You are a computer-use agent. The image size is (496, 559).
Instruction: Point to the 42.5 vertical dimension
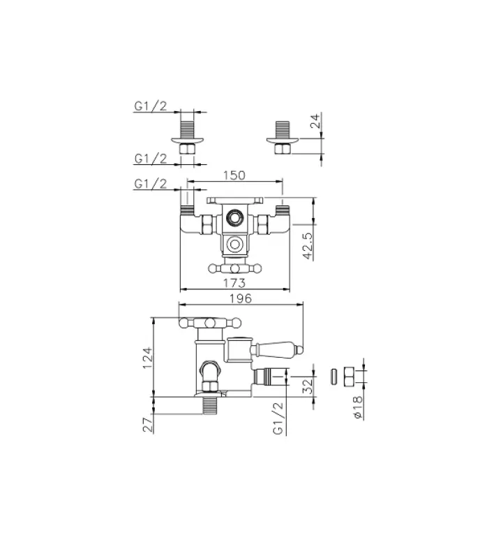click(x=308, y=247)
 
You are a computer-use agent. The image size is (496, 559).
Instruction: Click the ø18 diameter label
click(x=357, y=407)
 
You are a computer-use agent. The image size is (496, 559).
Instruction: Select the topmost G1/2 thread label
click(x=151, y=106)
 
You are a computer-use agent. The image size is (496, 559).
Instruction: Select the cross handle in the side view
click(x=210, y=324)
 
